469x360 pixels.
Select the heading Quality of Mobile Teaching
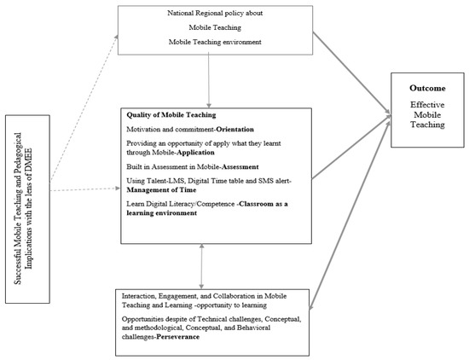(x=171, y=115)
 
